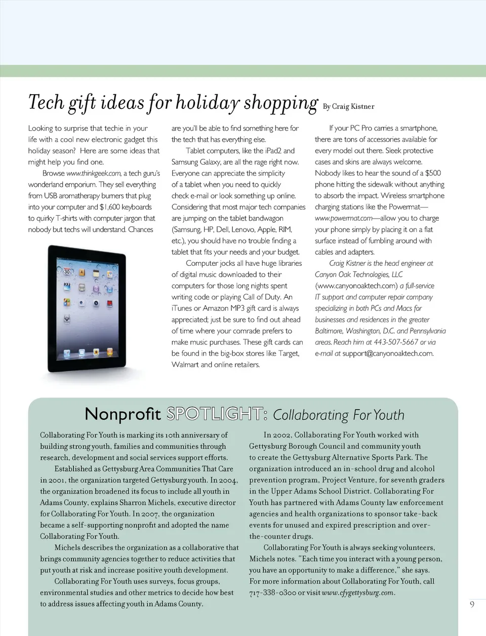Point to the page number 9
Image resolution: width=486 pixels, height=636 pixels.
pos(472,604)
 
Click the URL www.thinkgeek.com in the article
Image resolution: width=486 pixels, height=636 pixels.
pos(94,173)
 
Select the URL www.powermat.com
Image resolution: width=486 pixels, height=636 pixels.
pos(344,218)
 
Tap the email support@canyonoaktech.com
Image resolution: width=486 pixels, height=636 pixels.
pos(388,353)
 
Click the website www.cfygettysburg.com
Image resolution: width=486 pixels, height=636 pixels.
pos(357,593)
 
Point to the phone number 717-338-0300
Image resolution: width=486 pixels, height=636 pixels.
pos(273,593)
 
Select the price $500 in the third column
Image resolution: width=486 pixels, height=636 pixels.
pos(433,173)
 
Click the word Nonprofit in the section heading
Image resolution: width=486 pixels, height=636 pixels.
pos(123,414)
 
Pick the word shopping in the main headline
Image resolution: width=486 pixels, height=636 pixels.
pos(280,103)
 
